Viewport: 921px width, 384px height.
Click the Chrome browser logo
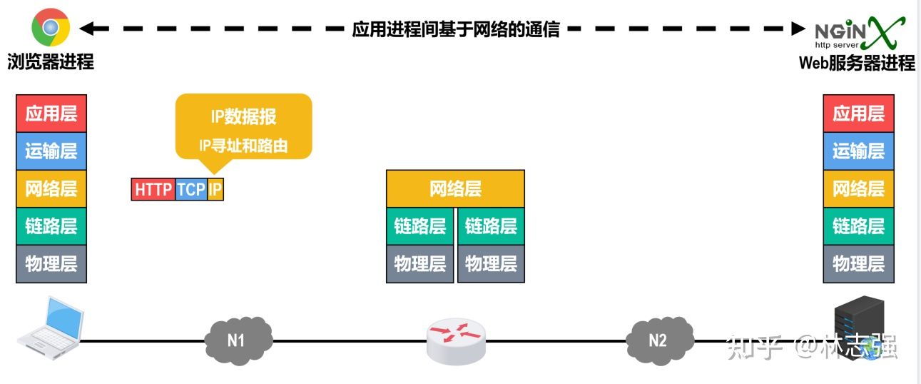[x=50, y=29]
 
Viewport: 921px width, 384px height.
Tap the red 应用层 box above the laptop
[x=51, y=113]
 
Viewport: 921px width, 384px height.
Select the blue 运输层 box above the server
[x=858, y=151]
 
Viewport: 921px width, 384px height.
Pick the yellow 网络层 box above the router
[x=455, y=188]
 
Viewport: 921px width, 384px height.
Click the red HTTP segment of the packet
[x=153, y=190]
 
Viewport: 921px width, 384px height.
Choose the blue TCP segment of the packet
[x=191, y=190]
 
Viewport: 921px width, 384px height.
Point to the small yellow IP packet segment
[x=215, y=190]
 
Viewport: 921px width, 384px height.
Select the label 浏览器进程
[x=51, y=62]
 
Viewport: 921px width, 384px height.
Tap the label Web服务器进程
[x=856, y=63]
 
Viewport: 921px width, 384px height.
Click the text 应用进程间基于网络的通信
[x=456, y=29]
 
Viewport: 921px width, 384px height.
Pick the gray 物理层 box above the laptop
[x=51, y=263]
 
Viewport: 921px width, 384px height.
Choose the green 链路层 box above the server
[x=858, y=226]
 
